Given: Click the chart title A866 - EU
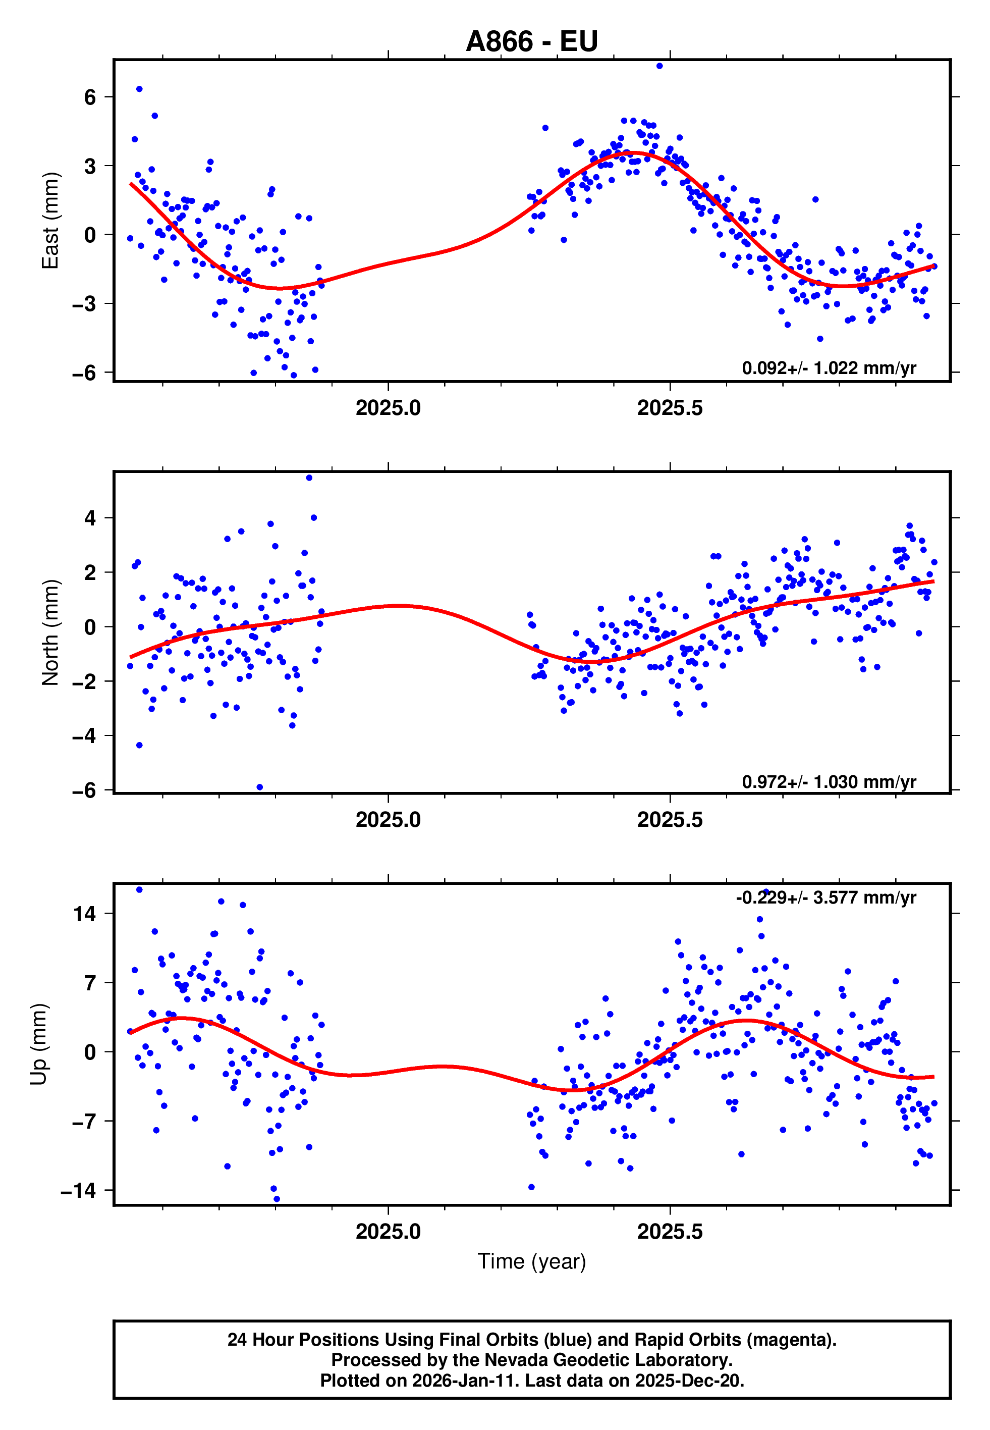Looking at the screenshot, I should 532,41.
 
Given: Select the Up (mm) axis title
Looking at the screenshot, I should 38,1044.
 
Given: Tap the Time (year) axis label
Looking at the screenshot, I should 532,1261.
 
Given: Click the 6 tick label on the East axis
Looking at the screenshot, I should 90,97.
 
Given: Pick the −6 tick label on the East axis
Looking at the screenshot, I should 84,373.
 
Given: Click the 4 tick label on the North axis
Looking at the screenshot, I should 90,518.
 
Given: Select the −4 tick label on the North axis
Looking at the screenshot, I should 84,736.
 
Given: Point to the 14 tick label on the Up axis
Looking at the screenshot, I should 84,914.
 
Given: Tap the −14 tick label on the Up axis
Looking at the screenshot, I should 78,1191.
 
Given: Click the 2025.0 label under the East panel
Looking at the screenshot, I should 389,408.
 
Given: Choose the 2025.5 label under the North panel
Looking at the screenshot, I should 670,820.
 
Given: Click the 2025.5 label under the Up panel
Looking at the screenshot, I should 670,1232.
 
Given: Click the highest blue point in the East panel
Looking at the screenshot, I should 659,66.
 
